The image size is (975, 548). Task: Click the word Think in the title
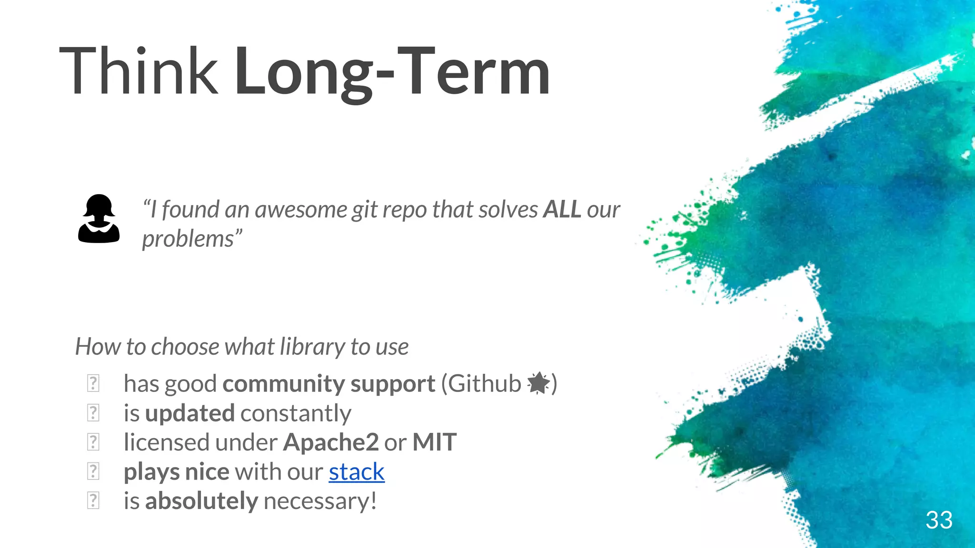pyautogui.click(x=138, y=71)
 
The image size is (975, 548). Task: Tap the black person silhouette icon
pyautogui.click(x=99, y=219)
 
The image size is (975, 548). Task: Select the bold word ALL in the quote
pyautogui.click(x=562, y=209)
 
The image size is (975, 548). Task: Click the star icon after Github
pyautogui.click(x=538, y=383)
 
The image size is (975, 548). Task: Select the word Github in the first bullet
pyautogui.click(x=484, y=383)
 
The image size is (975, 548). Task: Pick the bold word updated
pyautogui.click(x=189, y=413)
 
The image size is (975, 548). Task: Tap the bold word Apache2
pyautogui.click(x=330, y=442)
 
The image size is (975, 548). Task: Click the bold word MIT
pyautogui.click(x=434, y=442)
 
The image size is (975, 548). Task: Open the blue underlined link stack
pyautogui.click(x=356, y=472)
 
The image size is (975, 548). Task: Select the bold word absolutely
pyautogui.click(x=201, y=501)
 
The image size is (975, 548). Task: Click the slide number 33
pyautogui.click(x=939, y=520)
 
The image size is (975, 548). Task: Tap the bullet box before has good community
pyautogui.click(x=93, y=383)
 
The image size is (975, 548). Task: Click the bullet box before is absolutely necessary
pyautogui.click(x=93, y=501)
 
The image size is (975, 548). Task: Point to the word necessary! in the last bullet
pyautogui.click(x=320, y=501)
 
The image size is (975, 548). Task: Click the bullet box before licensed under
pyautogui.click(x=93, y=442)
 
